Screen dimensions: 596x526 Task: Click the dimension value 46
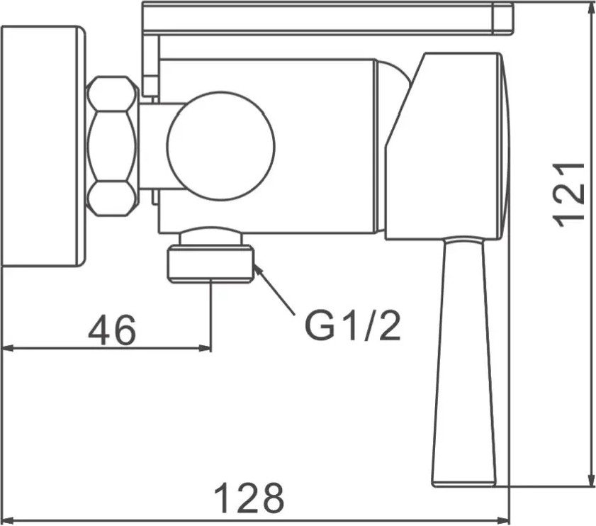tap(112, 330)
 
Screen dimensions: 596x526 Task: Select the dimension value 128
tap(249, 498)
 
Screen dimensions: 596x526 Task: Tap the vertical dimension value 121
tap(568, 195)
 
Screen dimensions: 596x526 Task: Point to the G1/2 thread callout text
tap(353, 326)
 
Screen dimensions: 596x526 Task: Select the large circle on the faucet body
tap(220, 145)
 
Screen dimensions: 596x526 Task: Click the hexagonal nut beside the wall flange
tap(113, 147)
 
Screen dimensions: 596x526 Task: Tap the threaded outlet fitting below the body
tap(210, 254)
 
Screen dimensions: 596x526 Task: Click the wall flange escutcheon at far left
tap(44, 147)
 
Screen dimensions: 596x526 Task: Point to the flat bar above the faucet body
tap(328, 18)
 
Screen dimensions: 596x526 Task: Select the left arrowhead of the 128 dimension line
tap(9, 520)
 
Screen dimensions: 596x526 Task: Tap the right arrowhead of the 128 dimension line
tap(503, 520)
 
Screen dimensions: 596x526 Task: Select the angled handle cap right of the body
tap(447, 147)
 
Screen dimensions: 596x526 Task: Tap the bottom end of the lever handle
tap(464, 486)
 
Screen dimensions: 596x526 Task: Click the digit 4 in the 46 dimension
tap(100, 330)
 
